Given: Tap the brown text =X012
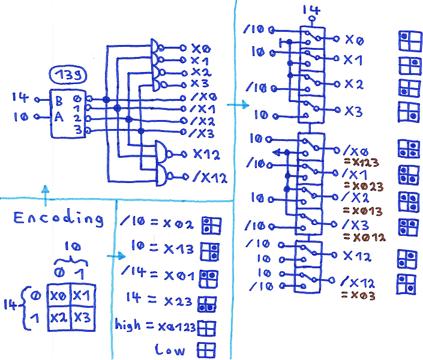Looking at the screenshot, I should (x=362, y=237).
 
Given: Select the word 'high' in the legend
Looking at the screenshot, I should (x=127, y=326).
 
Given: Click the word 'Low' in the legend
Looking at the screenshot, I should (x=170, y=349).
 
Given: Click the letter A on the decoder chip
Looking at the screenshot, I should (x=59, y=116).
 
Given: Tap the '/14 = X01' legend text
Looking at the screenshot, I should (x=159, y=275).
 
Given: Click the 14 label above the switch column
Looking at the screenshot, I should (x=311, y=10).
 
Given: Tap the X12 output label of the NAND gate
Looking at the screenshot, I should (x=206, y=154).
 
